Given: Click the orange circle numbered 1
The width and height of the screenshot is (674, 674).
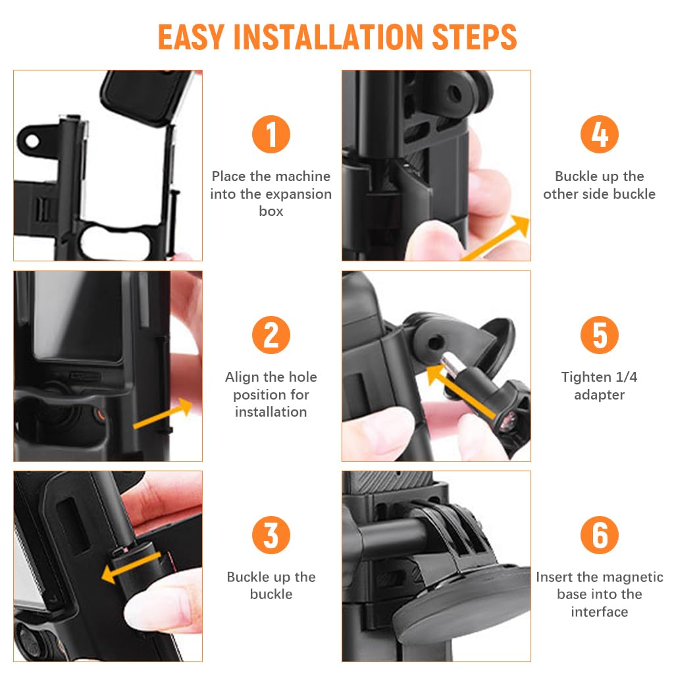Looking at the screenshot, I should coord(271,134).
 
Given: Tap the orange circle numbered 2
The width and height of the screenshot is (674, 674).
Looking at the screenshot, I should coord(271,335).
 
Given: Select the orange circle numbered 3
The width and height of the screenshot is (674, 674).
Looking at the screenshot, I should coord(271,535).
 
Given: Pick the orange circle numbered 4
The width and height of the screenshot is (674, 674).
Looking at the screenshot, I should coord(599,134).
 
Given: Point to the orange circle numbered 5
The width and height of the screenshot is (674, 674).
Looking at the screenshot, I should coord(599,335).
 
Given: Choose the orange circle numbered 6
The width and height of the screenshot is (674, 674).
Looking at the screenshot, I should coord(599,535).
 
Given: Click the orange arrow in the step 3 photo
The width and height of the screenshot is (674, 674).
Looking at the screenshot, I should coord(132,567).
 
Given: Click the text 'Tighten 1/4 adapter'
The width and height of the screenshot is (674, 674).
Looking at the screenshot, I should coord(599,386).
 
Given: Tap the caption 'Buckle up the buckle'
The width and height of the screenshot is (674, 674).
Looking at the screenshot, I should coord(271,585).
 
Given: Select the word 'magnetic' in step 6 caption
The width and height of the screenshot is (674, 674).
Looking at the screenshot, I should coord(630,577).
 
